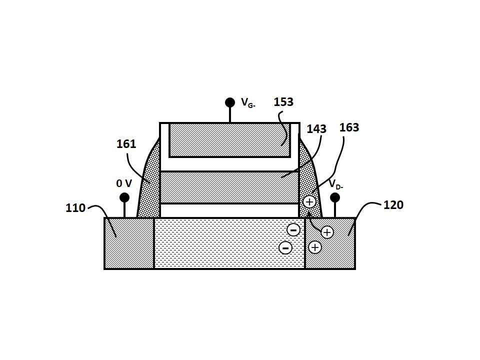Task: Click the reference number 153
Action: [283, 102]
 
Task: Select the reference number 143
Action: [316, 129]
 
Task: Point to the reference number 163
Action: [349, 127]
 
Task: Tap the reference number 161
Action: [126, 144]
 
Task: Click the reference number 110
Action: [75, 208]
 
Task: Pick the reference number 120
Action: [393, 205]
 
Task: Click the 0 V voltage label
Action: [124, 183]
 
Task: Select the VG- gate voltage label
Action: [248, 102]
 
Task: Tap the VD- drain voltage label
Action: [336, 184]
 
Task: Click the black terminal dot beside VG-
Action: [230, 102]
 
